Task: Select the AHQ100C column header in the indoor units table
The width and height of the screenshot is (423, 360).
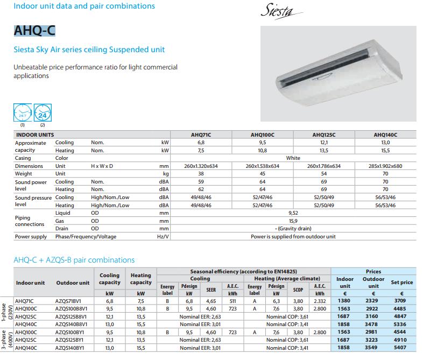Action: tap(262, 135)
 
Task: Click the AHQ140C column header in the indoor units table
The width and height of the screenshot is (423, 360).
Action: tap(385, 135)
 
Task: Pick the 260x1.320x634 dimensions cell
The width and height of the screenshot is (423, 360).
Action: tap(201, 166)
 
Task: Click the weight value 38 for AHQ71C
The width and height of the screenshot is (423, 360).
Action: tap(201, 174)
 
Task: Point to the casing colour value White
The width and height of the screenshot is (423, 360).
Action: tap(293, 158)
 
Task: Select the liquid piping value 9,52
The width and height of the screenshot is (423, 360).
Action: tap(293, 213)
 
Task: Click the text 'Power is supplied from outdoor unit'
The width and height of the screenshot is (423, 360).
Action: tap(293, 237)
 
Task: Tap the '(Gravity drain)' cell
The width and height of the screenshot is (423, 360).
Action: tap(293, 229)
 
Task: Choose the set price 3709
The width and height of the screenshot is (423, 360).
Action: tap(402, 301)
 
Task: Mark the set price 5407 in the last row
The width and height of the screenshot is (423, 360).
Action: tap(402, 348)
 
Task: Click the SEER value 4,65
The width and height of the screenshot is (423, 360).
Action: tap(211, 301)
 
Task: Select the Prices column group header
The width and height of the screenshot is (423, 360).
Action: tap(373, 272)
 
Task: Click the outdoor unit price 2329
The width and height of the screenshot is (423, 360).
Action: tap(373, 301)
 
